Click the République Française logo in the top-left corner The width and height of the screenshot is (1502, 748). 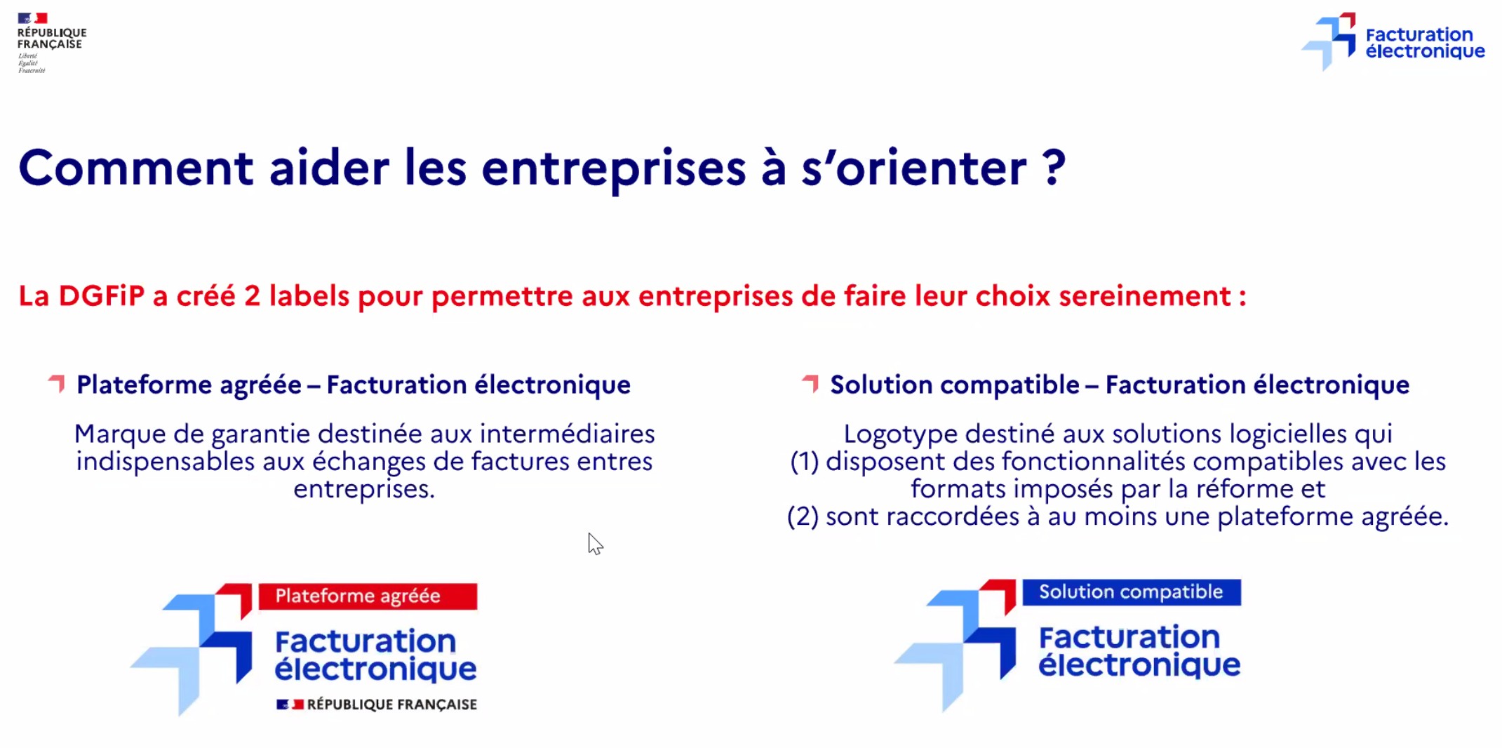point(51,42)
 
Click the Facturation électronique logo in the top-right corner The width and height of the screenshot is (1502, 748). point(1393,41)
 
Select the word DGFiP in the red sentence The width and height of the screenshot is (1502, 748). point(102,296)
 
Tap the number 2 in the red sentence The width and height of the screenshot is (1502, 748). point(252,296)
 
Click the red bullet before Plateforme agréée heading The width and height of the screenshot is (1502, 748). point(57,384)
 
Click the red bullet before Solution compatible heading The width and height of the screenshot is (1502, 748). point(810,384)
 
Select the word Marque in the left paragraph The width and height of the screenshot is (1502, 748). point(120,434)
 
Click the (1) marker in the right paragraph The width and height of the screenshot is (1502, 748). point(805,462)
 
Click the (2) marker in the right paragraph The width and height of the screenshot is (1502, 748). point(803,517)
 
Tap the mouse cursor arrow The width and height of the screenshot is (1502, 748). point(595,544)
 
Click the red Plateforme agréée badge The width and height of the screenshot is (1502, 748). point(368,596)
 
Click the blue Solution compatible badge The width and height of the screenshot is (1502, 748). point(1132,592)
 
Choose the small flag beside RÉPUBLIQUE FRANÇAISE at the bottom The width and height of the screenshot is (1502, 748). point(290,704)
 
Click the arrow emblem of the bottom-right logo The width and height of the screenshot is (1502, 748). point(955,646)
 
